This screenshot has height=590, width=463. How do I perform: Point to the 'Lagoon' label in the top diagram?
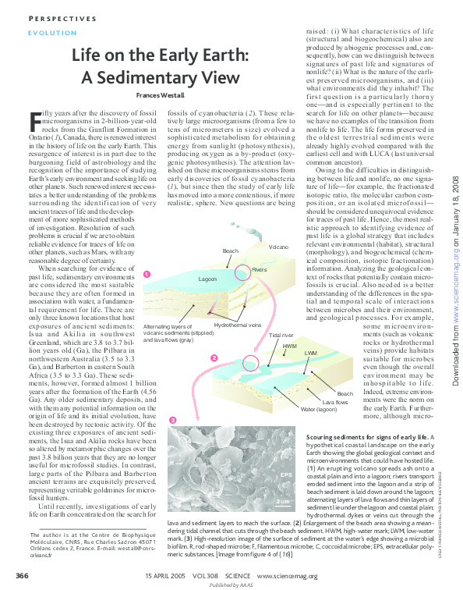[x=207, y=279]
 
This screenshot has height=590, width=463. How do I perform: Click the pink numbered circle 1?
[x=147, y=273]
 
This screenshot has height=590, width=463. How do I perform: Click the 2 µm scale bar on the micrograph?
[x=283, y=498]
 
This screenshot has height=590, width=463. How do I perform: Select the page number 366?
[x=23, y=576]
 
